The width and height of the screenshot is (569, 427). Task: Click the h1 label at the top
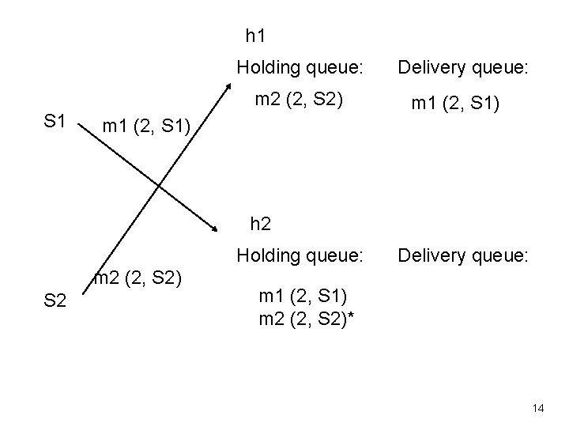coord(255,36)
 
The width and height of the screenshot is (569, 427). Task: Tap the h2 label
coord(261,224)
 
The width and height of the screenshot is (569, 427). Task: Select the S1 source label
coord(55,121)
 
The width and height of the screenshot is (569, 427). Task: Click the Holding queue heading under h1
coord(300,68)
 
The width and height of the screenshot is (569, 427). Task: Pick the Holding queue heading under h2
coord(300,255)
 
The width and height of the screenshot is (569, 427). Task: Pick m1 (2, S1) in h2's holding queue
coord(302,297)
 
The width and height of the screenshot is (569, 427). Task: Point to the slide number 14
coord(538,408)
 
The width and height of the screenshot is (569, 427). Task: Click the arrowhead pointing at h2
coord(217,229)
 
